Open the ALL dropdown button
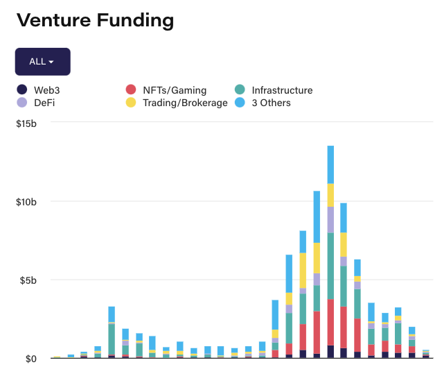pos(42,62)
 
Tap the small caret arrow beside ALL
pos(51,62)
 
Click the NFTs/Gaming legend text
pos(175,90)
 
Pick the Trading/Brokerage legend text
pos(185,103)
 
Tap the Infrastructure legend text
pos(282,90)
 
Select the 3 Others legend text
pos(271,103)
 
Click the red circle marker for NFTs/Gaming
pos(130,90)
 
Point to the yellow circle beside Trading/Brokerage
pos(130,103)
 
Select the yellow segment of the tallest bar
pos(330,195)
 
